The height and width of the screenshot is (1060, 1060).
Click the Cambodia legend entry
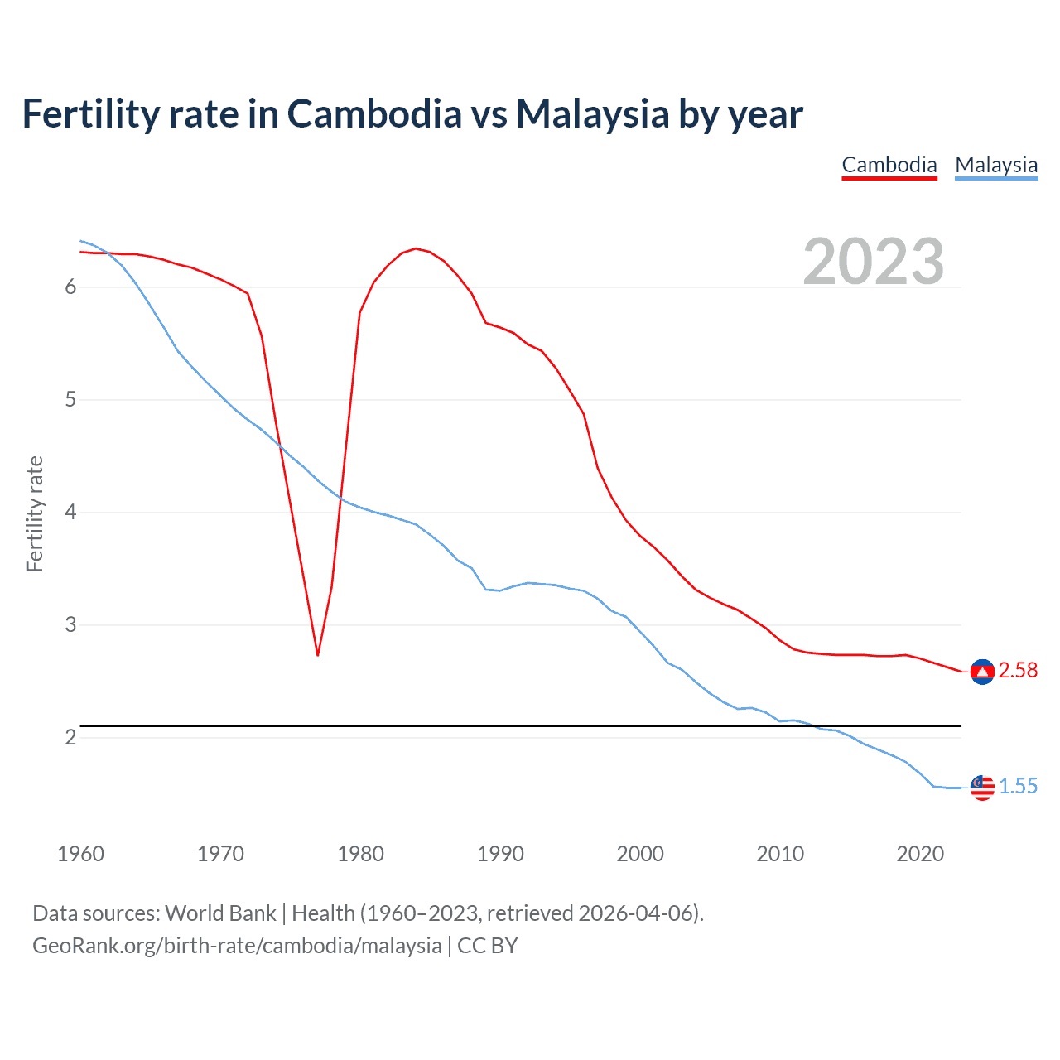coord(889,165)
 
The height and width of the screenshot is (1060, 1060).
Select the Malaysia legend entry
coord(996,165)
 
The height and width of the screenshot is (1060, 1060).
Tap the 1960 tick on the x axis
coord(80,854)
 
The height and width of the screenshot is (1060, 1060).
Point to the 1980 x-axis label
coord(360,854)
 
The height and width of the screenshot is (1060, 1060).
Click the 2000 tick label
coord(640,854)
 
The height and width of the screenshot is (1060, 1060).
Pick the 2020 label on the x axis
coord(920,854)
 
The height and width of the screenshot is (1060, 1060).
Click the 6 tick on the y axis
coord(70,287)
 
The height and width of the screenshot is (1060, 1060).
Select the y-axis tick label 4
coord(70,513)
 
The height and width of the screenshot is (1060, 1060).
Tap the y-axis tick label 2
coord(70,737)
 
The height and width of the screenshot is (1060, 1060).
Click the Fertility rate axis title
coord(35,513)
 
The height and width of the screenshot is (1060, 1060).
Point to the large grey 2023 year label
coord(874,262)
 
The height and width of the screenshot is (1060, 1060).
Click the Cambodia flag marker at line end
coord(982,672)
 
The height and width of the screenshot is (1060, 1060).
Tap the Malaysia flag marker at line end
coord(982,788)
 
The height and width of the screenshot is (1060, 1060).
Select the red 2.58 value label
coord(1018,671)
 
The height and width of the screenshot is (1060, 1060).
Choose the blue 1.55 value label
coord(1018,787)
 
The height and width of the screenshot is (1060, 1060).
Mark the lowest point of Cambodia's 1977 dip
coord(318,655)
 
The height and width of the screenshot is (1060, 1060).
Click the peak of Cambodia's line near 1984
coord(416,248)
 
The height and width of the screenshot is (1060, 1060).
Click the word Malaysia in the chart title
coord(592,114)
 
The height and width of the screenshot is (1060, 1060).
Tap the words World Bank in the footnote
coord(220,913)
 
